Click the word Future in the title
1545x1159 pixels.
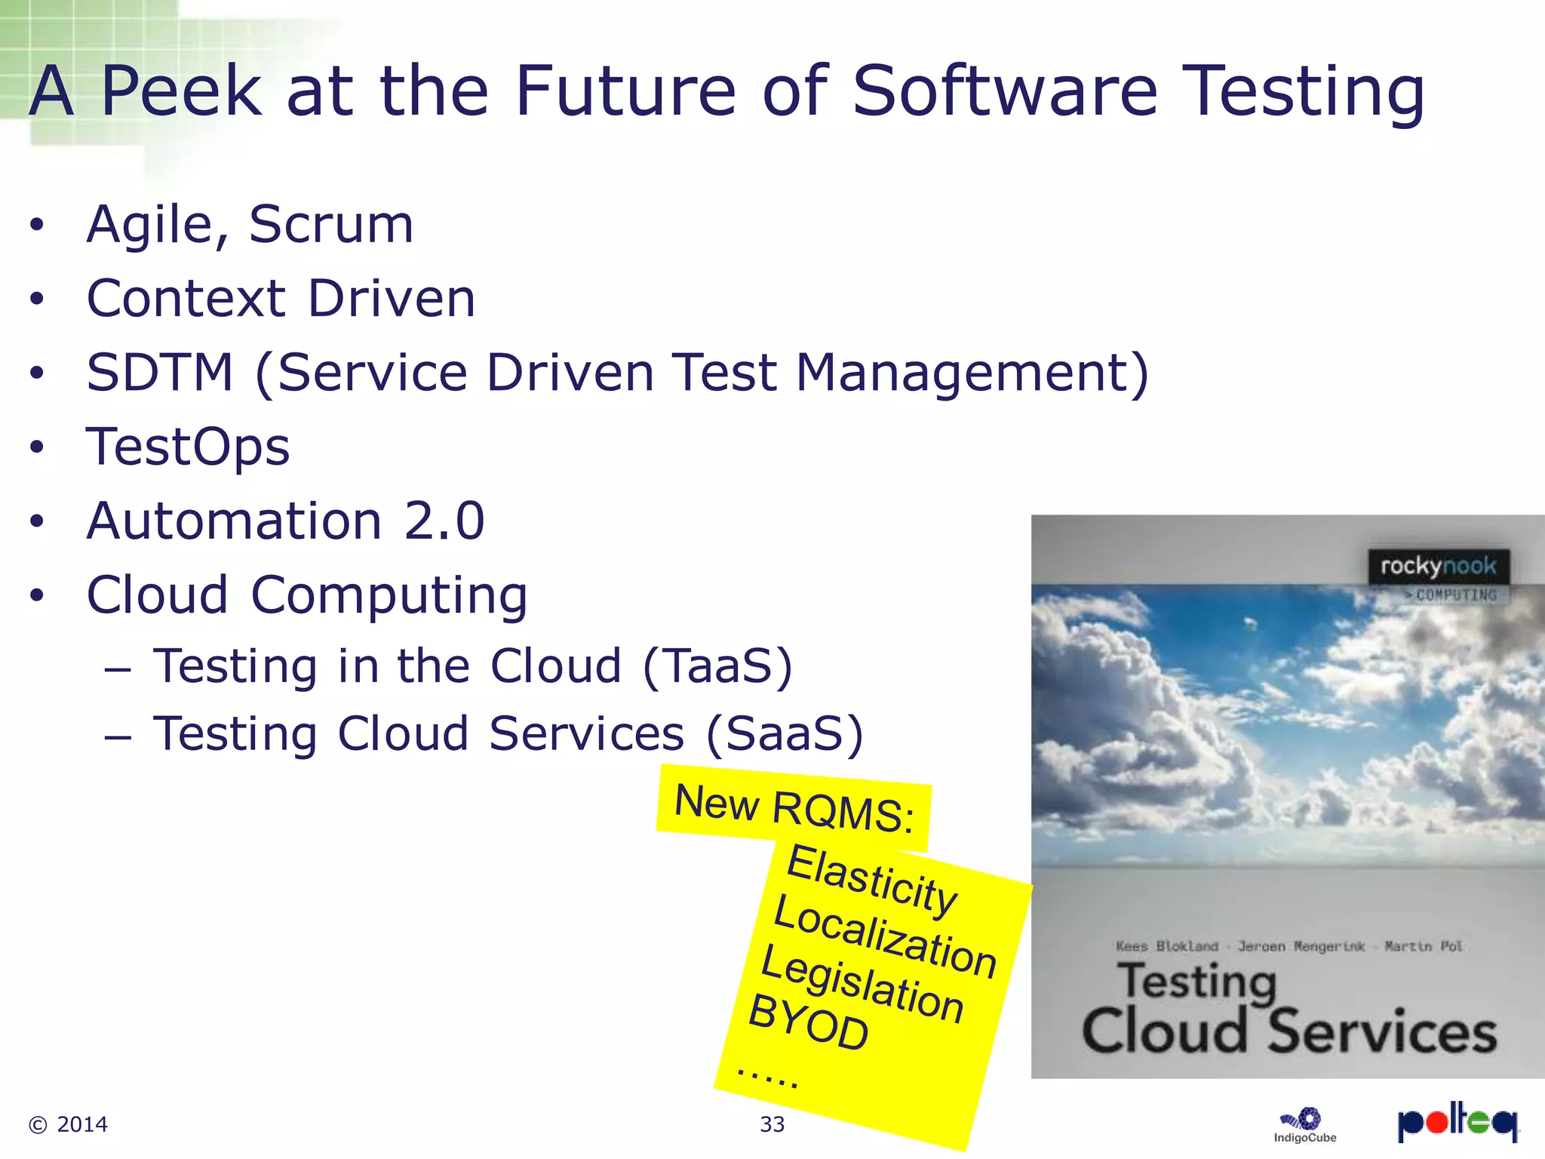point(625,92)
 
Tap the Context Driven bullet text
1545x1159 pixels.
point(281,299)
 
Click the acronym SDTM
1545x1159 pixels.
point(160,373)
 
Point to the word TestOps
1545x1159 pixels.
point(188,447)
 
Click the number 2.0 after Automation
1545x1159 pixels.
point(444,521)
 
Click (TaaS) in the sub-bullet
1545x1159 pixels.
point(717,666)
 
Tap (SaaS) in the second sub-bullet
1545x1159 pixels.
point(785,734)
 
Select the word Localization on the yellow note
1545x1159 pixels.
point(885,936)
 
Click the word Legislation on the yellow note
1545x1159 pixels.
point(862,983)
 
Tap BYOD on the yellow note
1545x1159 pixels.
point(808,1023)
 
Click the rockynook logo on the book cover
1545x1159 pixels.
point(1438,566)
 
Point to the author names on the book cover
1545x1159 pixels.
point(1289,946)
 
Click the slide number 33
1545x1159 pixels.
point(772,1124)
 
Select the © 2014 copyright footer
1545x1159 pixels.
point(68,1124)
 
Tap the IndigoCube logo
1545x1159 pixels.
point(1305,1125)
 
